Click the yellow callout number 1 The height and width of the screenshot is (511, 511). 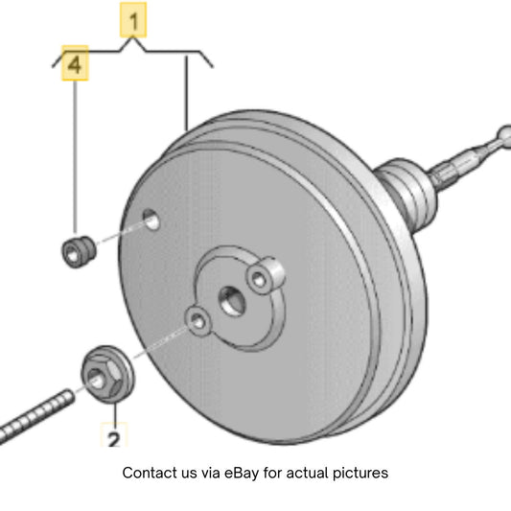(133, 20)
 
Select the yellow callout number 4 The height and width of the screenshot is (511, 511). (75, 63)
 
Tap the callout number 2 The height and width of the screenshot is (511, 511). (114, 435)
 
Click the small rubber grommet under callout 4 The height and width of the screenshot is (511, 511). (79, 252)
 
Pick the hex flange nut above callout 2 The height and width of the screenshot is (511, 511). (107, 375)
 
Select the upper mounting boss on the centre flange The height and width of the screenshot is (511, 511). (265, 276)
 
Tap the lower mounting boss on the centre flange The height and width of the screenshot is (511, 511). (197, 321)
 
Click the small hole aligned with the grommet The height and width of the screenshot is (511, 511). (151, 220)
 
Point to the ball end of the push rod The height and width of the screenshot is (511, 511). (504, 133)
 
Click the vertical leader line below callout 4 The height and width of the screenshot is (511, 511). (76, 157)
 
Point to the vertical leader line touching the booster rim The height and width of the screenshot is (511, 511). (187, 94)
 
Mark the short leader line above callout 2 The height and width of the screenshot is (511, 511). (115, 413)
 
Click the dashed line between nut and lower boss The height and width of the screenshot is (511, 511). (162, 342)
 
